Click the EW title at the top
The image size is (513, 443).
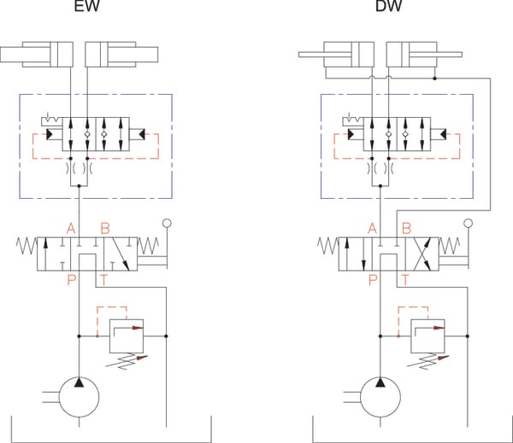click(x=86, y=6)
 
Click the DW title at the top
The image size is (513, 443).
click(x=388, y=6)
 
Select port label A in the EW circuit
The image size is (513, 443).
click(x=71, y=229)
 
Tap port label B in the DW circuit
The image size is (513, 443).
click(x=406, y=229)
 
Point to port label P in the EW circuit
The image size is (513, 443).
click(x=71, y=280)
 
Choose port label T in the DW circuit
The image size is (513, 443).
click(x=405, y=280)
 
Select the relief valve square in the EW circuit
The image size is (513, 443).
click(x=127, y=336)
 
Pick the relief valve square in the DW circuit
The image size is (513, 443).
click(x=427, y=336)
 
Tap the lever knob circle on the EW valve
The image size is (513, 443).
click(x=167, y=224)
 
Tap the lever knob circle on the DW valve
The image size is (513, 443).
click(x=469, y=224)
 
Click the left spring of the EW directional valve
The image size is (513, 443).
click(x=27, y=246)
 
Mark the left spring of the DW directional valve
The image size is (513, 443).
click(x=328, y=246)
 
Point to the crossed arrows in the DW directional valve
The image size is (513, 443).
click(x=422, y=254)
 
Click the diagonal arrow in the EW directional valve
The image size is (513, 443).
click(x=121, y=254)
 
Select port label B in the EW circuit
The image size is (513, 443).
click(x=105, y=229)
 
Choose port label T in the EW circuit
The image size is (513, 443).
click(x=103, y=280)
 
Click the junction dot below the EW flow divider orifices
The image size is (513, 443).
click(x=79, y=186)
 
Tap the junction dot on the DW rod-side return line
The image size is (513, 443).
click(x=435, y=79)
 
